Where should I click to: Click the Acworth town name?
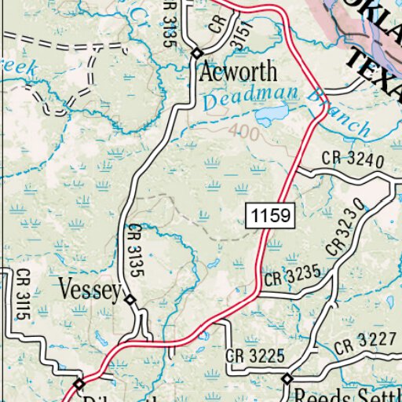coord(239,72)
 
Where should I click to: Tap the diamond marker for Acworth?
coord(196,53)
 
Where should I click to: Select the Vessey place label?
coord(90,291)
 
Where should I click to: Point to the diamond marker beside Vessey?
coord(130,299)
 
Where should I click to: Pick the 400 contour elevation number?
coord(245,133)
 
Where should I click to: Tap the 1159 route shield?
coord(271,214)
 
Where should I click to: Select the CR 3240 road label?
coord(353,159)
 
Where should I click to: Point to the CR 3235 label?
coord(293,275)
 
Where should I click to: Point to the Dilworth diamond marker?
coord(79,384)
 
